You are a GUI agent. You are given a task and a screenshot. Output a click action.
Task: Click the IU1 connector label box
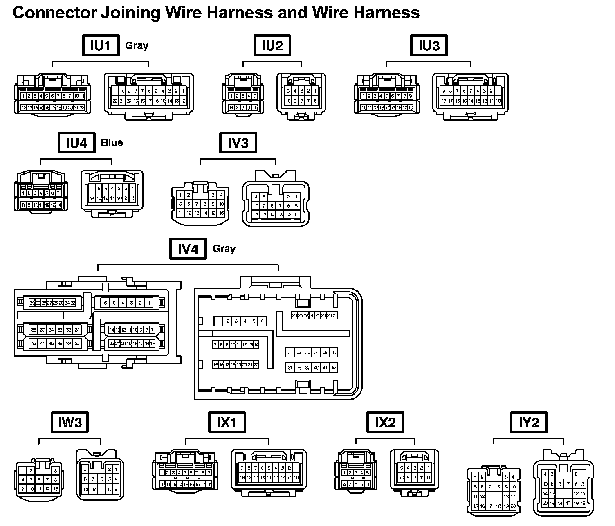pyautogui.click(x=100, y=45)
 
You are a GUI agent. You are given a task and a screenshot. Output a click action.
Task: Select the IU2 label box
pyautogui.click(x=272, y=45)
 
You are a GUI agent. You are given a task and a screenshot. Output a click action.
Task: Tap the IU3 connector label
pyautogui.click(x=429, y=45)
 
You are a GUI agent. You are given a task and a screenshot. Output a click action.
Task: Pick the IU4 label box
pyautogui.click(x=76, y=143)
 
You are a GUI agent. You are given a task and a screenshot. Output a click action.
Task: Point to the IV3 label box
pyautogui.click(x=238, y=143)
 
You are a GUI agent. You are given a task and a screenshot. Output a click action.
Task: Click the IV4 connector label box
pyautogui.click(x=188, y=249)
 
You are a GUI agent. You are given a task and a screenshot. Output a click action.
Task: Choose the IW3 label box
pyautogui.click(x=70, y=422)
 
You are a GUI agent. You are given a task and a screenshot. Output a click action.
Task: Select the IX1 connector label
pyautogui.click(x=227, y=422)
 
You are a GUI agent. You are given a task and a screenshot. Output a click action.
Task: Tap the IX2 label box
pyautogui.click(x=385, y=422)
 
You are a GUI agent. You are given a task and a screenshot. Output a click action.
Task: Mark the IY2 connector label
pyautogui.click(x=529, y=422)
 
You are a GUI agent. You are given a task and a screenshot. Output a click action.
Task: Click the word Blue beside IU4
pyautogui.click(x=112, y=143)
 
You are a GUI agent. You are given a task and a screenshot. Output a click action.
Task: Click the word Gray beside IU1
pyautogui.click(x=137, y=45)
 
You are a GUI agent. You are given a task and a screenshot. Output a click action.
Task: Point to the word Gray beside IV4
pyautogui.click(x=224, y=249)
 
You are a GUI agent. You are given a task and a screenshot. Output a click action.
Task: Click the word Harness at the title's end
pyautogui.click(x=386, y=13)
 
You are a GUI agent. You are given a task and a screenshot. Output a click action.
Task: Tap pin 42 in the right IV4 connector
pyautogui.click(x=334, y=368)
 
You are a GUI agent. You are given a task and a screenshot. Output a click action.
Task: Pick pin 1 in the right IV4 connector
pyautogui.click(x=219, y=321)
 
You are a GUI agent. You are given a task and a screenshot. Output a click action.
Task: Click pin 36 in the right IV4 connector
pyautogui.click(x=334, y=352)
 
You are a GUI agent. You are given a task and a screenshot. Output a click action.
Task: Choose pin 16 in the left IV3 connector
pyautogui.click(x=221, y=213)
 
